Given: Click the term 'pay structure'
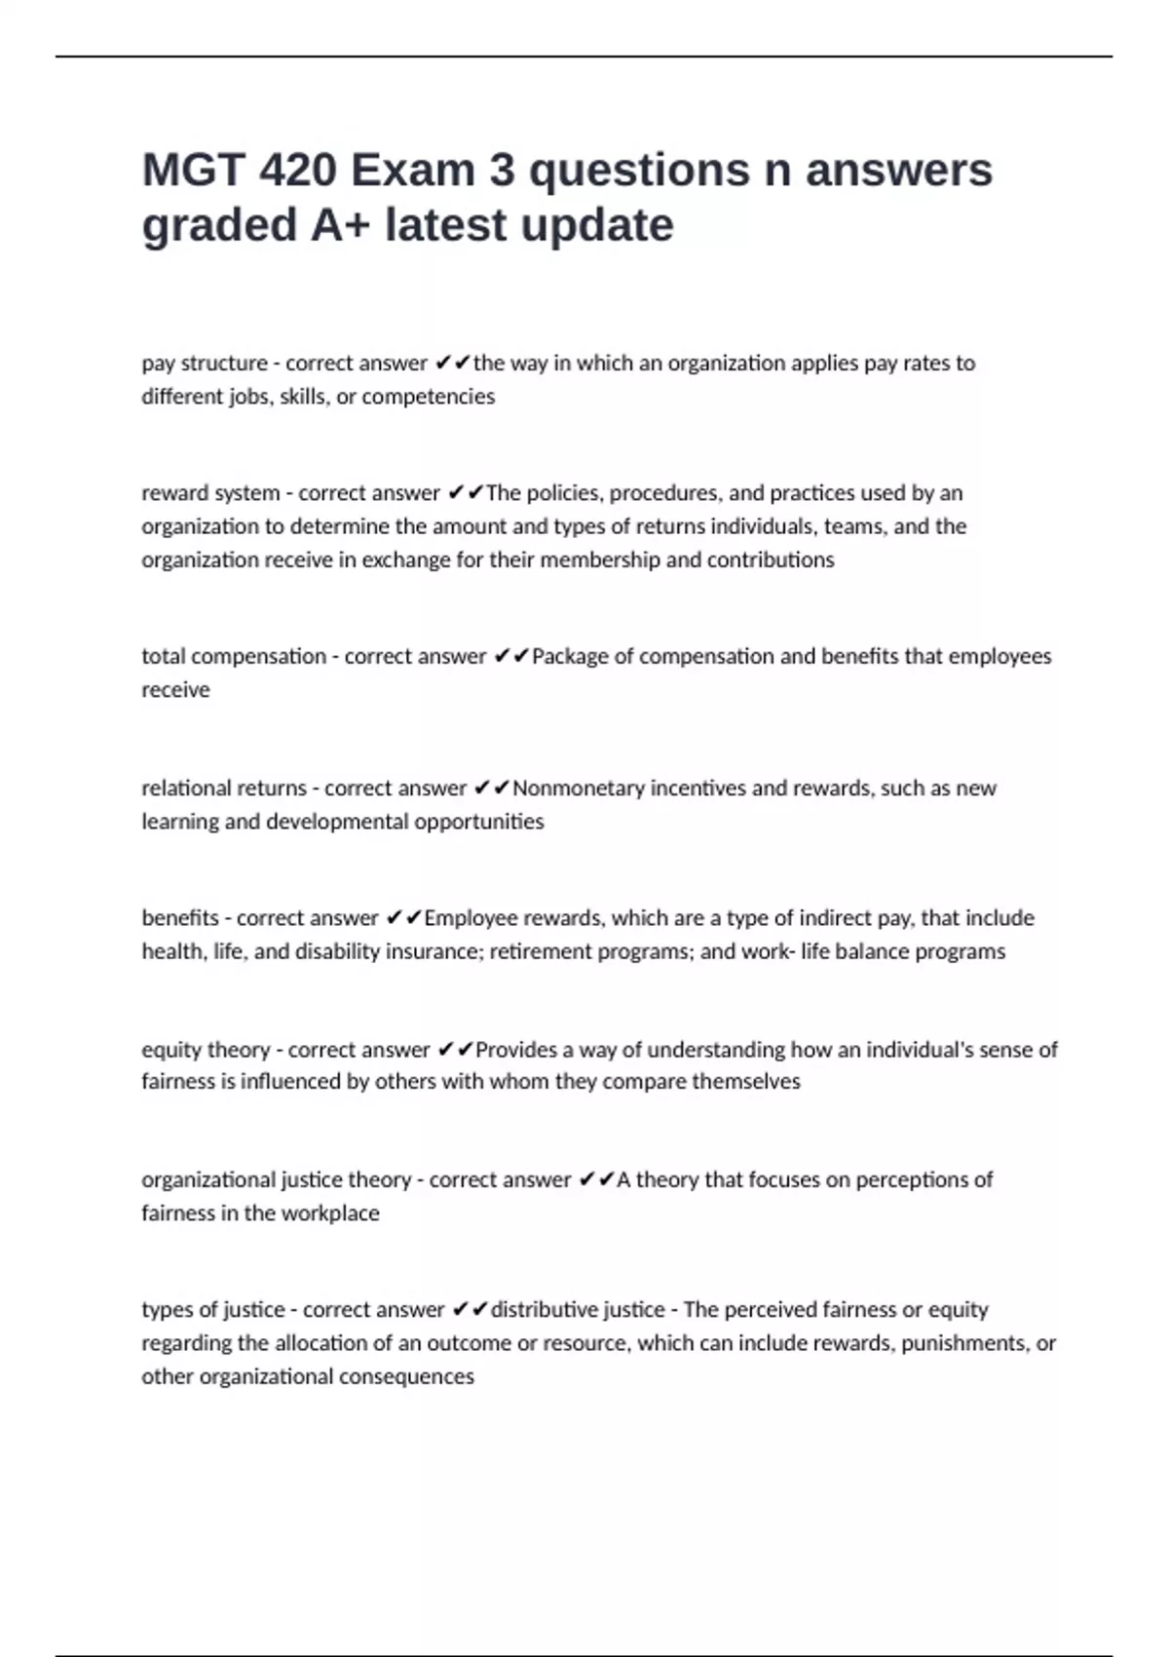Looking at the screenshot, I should tap(205, 364).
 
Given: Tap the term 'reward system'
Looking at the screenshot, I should tap(210, 493).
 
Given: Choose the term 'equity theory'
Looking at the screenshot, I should tap(206, 1050).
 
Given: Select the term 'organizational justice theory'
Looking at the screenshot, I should tap(277, 1179).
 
